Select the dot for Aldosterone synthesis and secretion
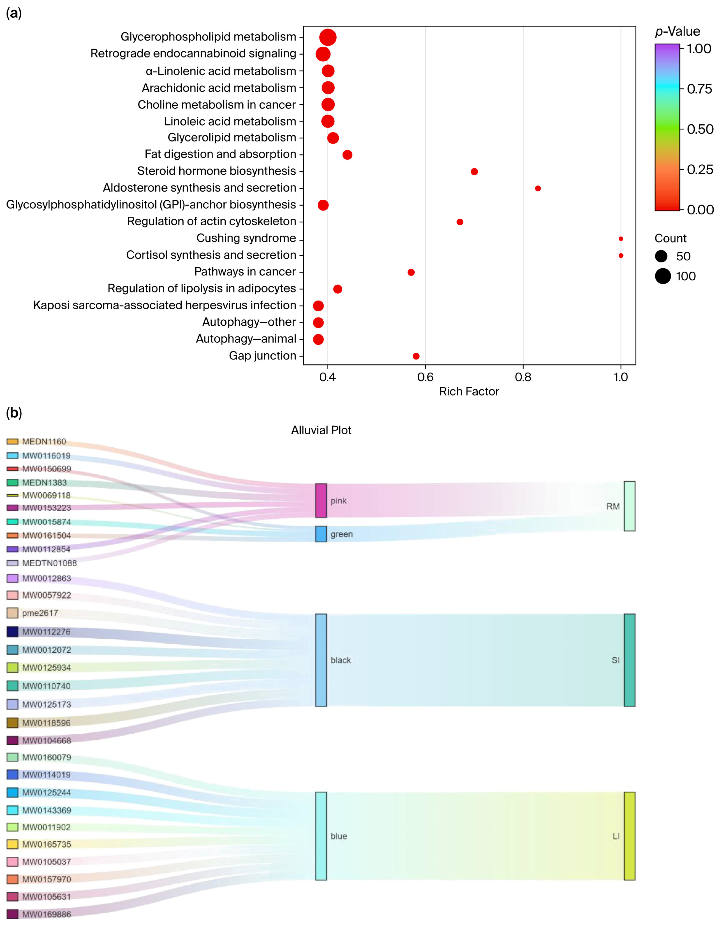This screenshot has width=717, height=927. [x=538, y=188]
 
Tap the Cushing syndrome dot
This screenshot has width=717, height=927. [x=621, y=239]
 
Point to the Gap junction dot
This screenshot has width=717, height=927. [x=416, y=356]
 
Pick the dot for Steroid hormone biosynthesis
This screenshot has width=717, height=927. [x=474, y=171]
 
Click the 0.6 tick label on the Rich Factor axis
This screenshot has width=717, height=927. [x=425, y=377]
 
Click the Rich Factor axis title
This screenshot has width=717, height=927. [x=469, y=391]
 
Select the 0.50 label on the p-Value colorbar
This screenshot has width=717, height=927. [x=700, y=129]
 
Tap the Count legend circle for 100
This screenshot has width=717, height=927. [x=663, y=276]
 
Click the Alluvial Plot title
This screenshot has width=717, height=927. [x=321, y=430]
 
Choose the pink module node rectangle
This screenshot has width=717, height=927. [x=321, y=501]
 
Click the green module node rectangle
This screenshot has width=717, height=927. [x=321, y=534]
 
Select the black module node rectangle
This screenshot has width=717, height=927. [x=321, y=660]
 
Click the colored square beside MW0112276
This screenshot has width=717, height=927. [x=12, y=632]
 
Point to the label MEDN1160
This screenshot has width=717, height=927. [x=44, y=441]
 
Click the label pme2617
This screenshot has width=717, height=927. [x=40, y=613]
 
